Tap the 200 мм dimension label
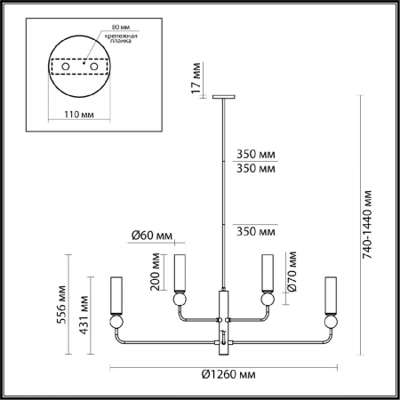[x=156, y=273]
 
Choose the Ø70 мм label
[x=289, y=272]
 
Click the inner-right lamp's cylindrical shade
[x=264, y=269]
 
